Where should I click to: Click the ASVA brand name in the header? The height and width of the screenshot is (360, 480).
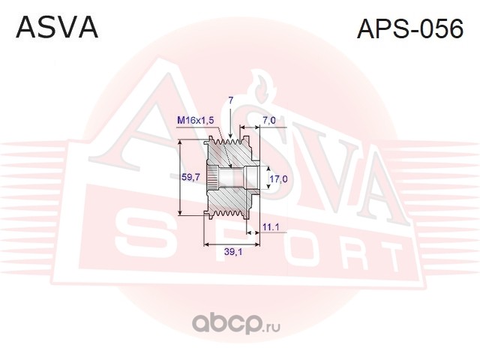(x=57, y=28)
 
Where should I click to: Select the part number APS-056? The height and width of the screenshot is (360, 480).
(x=410, y=28)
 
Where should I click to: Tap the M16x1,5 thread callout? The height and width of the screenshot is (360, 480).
(x=195, y=120)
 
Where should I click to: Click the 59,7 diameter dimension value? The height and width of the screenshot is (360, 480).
(x=190, y=177)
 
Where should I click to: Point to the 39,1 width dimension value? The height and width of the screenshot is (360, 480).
(x=233, y=252)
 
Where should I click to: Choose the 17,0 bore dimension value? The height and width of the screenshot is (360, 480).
(x=278, y=178)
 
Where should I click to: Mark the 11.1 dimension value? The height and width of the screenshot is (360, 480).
(x=271, y=227)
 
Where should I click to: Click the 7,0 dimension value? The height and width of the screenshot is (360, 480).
(x=269, y=121)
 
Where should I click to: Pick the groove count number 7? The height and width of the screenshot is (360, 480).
(x=231, y=100)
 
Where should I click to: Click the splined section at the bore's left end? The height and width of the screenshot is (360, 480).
(x=213, y=177)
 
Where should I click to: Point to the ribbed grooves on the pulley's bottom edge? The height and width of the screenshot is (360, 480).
(x=227, y=213)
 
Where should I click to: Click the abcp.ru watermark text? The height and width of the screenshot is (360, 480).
(x=235, y=325)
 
